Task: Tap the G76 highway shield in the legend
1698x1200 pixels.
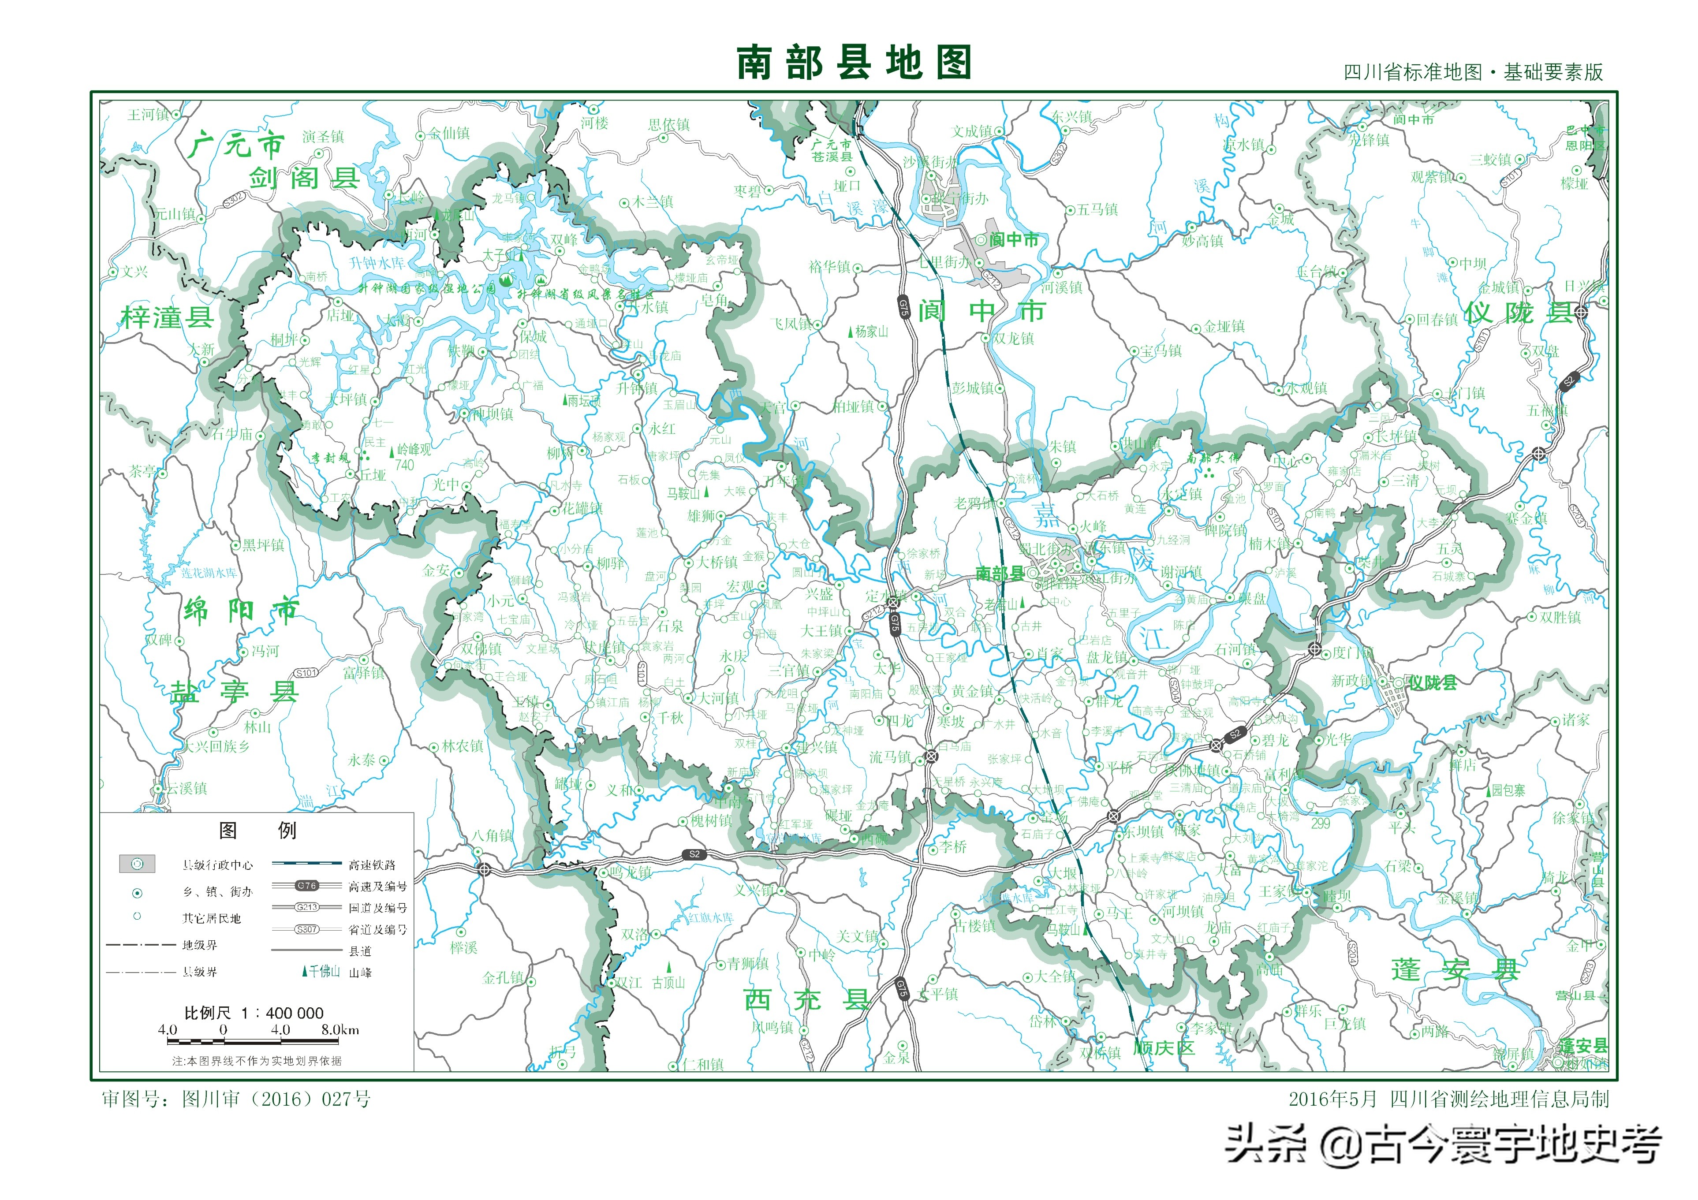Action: (307, 885)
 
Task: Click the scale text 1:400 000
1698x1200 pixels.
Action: (254, 1012)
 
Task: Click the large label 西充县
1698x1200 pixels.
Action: (806, 999)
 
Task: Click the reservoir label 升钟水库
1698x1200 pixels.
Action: (377, 262)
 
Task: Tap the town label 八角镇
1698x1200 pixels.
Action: (493, 835)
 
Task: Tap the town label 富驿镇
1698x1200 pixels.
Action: (363, 672)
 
